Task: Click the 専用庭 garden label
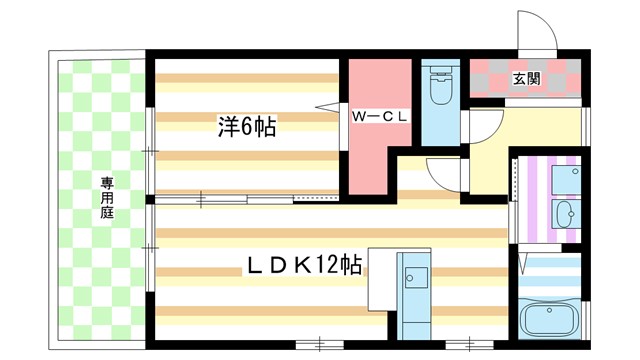pos(107,198)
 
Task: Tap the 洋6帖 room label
pos(247,127)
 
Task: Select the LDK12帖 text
pos(304,266)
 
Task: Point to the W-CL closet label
pos(378,116)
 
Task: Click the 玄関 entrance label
pos(527,79)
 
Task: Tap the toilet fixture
pos(438,90)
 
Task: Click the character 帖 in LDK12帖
pos(350,266)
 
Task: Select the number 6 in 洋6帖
pos(246,127)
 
